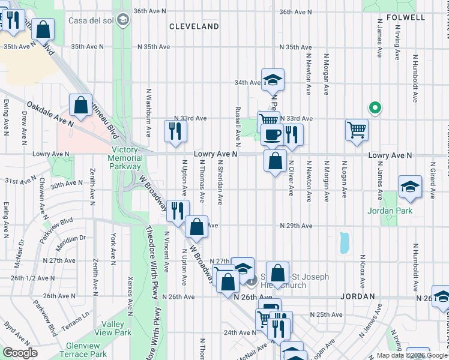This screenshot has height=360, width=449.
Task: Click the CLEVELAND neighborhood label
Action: (194, 26)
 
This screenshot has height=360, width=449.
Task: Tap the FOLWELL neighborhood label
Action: (406, 17)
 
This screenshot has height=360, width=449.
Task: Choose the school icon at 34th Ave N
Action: (273, 79)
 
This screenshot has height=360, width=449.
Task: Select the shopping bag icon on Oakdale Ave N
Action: (80, 106)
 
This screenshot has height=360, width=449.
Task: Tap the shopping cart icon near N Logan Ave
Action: (357, 129)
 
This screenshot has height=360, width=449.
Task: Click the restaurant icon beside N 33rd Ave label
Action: (175, 131)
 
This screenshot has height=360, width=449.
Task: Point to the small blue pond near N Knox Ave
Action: (343, 242)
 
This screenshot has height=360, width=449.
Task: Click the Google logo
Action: (20, 353)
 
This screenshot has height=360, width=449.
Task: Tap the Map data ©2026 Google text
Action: (412, 355)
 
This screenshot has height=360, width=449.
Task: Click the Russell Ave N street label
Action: (238, 127)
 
